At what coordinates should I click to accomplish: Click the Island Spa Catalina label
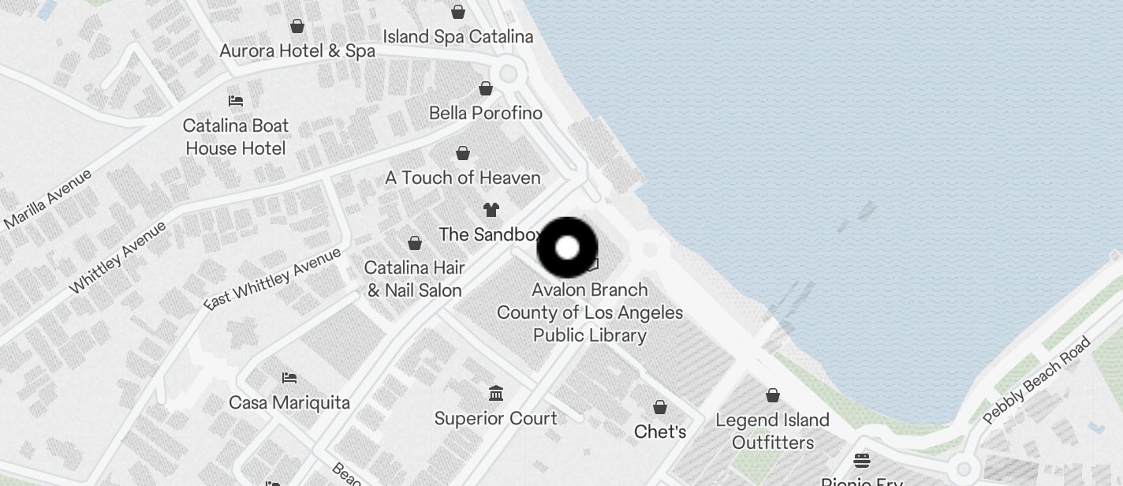tap(457, 36)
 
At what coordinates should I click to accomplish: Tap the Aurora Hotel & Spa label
tap(297, 51)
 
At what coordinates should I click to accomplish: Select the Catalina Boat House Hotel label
tap(235, 136)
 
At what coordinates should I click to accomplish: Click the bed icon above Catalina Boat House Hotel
tap(235, 101)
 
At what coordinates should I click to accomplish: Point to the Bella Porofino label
tap(485, 113)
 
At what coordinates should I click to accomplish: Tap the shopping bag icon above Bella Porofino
tap(486, 89)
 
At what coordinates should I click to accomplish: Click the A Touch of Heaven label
tap(462, 178)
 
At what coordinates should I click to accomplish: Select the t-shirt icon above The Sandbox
tap(491, 210)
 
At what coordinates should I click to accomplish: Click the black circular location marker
tap(568, 248)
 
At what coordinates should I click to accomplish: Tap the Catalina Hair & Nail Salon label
tap(414, 279)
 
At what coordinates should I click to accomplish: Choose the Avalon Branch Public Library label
tap(590, 312)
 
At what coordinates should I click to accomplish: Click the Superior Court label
tap(495, 418)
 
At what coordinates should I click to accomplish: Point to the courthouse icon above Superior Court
tap(496, 393)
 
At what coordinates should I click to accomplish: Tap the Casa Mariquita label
tap(289, 402)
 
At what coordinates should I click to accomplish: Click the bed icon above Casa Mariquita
tap(289, 378)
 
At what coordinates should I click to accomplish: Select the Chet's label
tap(660, 432)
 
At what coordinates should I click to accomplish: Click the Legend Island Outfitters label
tap(772, 431)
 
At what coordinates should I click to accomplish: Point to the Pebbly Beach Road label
tap(1036, 380)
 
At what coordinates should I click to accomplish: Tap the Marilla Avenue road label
tap(47, 199)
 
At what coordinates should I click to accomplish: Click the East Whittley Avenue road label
tap(272, 279)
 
